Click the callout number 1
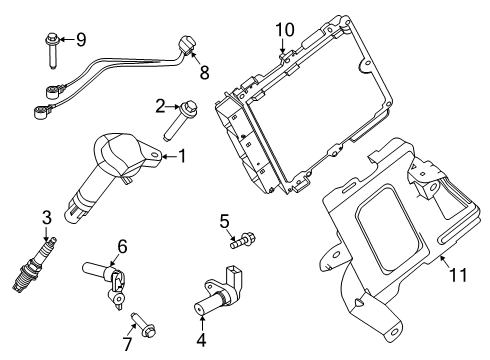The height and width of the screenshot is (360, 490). click(x=182, y=155)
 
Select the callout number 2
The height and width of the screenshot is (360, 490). click(x=160, y=104)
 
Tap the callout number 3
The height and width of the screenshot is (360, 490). click(x=46, y=217)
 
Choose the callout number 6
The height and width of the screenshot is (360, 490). click(x=122, y=246)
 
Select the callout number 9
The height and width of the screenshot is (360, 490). click(x=81, y=39)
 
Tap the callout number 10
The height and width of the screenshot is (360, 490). click(x=285, y=29)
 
